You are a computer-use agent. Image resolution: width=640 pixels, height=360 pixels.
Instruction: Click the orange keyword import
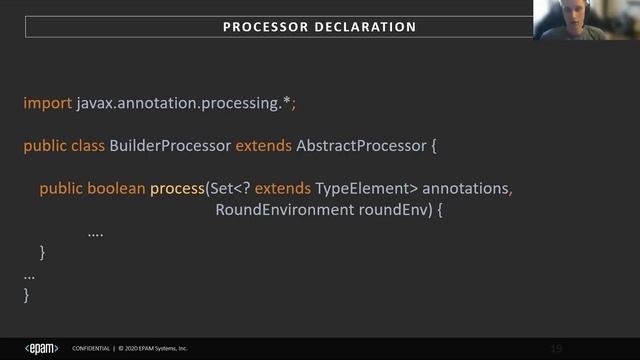47,103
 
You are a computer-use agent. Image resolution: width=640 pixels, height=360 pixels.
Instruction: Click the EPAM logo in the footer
41,348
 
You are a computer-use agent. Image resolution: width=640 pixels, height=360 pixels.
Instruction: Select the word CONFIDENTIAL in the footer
92,349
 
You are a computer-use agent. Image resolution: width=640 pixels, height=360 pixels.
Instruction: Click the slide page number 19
557,348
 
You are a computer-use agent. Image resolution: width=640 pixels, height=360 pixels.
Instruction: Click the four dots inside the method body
96,233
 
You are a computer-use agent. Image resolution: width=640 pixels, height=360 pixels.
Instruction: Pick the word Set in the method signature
222,188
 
